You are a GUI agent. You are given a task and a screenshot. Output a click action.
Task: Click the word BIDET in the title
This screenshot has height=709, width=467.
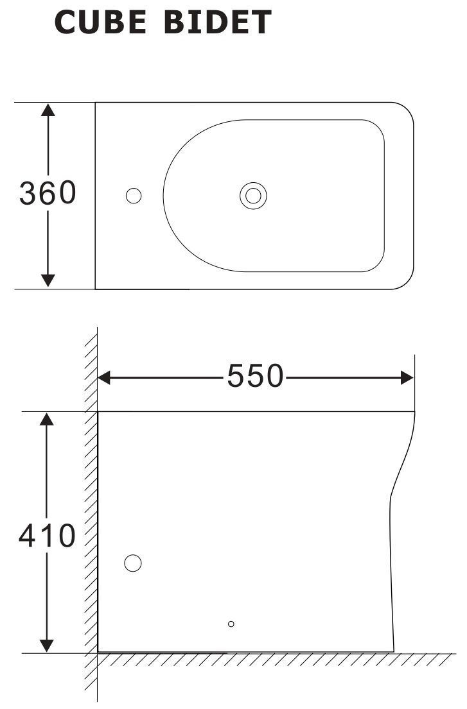[218, 23]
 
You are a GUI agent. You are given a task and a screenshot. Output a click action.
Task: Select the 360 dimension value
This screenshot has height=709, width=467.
[48, 193]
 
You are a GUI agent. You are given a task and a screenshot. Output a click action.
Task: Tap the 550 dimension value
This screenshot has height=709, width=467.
[255, 377]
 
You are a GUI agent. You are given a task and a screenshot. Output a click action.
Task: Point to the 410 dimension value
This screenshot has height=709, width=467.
[47, 536]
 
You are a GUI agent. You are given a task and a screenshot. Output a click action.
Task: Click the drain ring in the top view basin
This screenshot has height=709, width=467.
[253, 196]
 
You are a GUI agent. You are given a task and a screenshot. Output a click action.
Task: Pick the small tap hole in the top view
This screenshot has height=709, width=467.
[134, 196]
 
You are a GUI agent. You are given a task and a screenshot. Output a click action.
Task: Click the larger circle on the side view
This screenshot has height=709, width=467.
[132, 563]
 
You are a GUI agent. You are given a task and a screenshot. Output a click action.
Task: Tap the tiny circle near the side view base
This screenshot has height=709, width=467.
[231, 624]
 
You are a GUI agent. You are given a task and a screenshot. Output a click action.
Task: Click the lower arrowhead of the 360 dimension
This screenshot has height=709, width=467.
[48, 280]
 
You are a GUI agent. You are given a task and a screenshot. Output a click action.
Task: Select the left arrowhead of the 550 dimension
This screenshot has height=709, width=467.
[105, 377]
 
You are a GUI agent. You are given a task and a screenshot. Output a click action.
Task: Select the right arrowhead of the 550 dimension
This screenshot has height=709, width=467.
[407, 377]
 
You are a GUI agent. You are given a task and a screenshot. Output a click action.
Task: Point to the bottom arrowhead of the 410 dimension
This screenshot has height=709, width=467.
[46, 645]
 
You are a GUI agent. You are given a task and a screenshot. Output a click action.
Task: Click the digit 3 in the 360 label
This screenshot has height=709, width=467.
[28, 193]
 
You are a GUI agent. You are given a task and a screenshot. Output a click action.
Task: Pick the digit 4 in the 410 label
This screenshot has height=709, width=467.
[28, 536]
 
